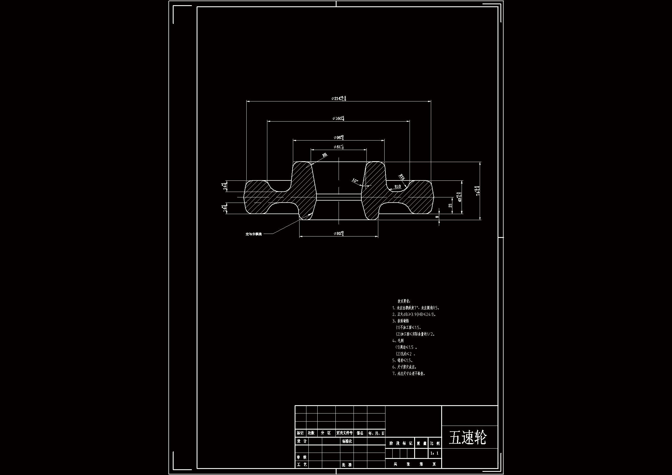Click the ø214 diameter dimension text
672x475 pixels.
coord(339,98)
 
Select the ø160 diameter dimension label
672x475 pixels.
coord(338,118)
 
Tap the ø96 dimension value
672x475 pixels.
coord(339,137)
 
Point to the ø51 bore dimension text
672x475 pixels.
coord(339,147)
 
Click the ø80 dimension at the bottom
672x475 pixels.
coord(339,234)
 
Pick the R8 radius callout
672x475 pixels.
coord(324,155)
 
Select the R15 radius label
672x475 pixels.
coord(402,177)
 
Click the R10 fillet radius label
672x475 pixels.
coord(398,186)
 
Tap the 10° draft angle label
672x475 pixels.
coord(355,180)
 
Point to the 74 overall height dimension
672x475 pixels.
coord(478,191)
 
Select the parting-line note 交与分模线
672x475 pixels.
coord(254,234)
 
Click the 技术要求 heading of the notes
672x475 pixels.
coord(404,301)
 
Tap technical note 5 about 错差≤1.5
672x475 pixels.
coord(402,361)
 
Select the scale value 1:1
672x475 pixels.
coord(435,453)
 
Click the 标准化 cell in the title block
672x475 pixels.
coord(347,441)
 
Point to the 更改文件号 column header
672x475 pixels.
coord(345,433)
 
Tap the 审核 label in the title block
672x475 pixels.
coord(302,457)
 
